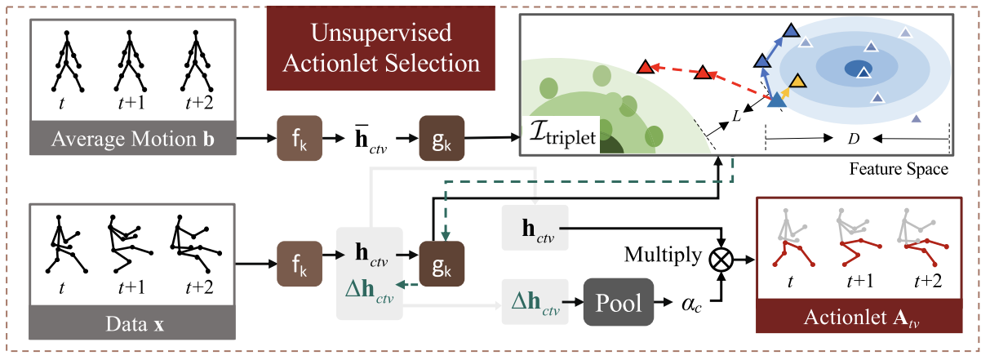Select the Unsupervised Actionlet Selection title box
[382, 48]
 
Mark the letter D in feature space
[854, 140]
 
